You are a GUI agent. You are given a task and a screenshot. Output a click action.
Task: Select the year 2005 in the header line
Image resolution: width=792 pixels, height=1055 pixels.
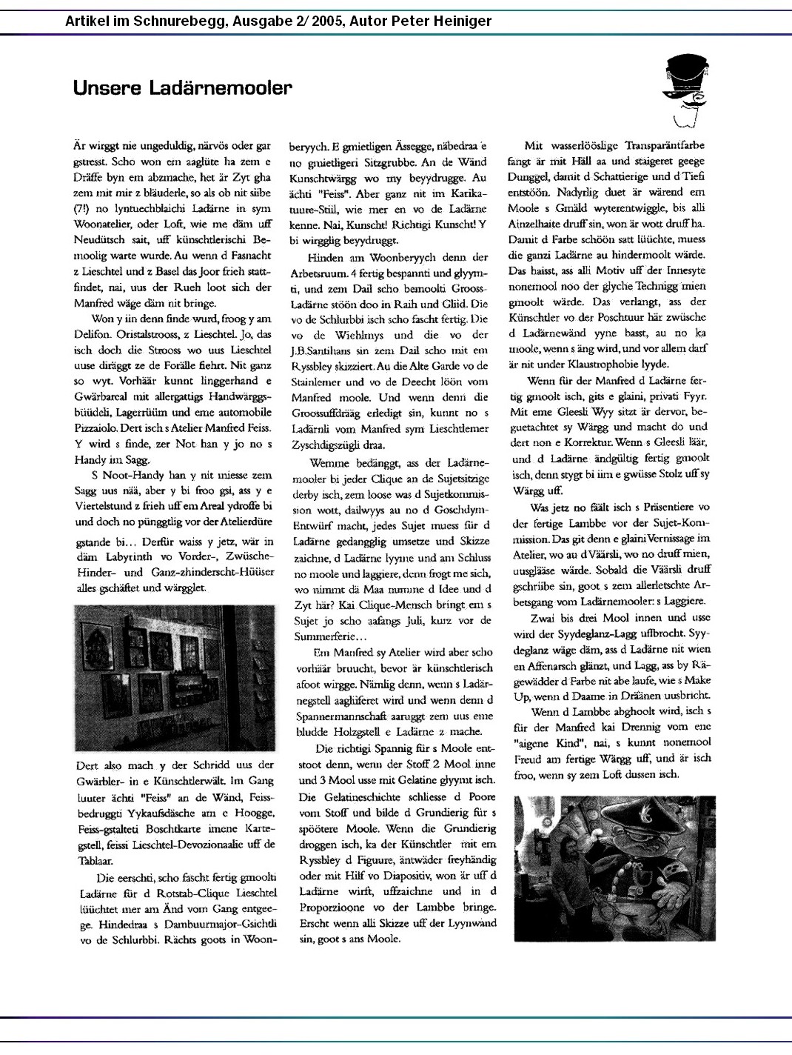(x=328, y=21)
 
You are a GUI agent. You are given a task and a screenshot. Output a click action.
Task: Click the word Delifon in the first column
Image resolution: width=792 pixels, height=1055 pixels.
(x=92, y=334)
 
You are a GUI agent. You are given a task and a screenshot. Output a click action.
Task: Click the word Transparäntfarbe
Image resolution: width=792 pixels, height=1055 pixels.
(x=665, y=145)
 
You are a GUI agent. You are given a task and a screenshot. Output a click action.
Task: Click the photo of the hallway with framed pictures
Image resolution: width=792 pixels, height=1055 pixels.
(x=175, y=677)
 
